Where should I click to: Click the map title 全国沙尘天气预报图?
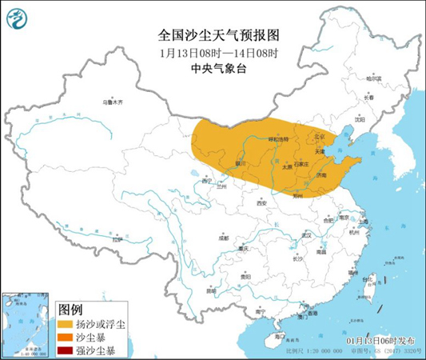pos(213,36)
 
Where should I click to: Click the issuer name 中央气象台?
pos(213,69)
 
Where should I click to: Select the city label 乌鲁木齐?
pos(114,102)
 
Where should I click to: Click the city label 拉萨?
pos(117,239)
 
